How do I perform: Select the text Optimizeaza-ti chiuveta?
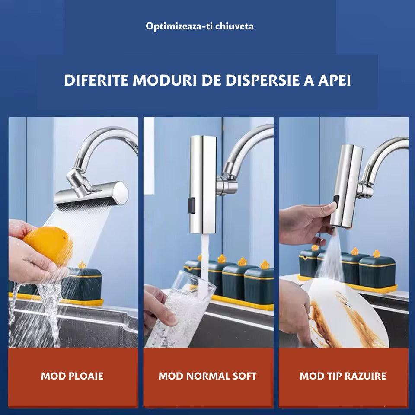200,26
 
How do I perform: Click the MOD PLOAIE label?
72,376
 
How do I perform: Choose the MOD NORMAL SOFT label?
207,376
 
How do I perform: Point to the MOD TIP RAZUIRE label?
343,376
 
